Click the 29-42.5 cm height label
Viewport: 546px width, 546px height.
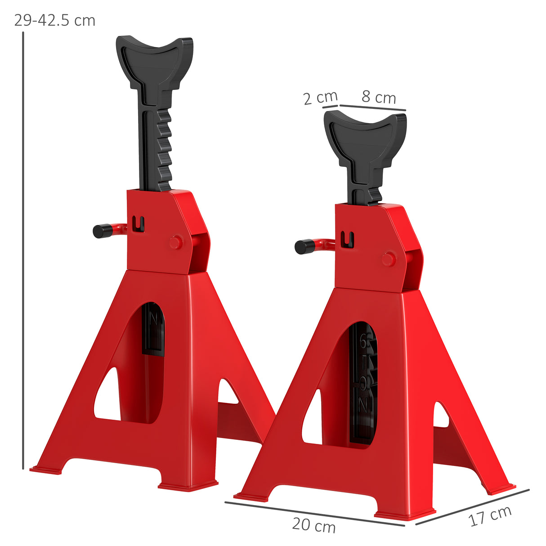(x=54, y=21)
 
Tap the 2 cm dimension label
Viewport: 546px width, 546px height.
(x=320, y=97)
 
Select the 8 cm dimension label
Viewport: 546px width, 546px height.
(x=379, y=97)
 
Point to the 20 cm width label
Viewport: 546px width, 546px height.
(x=313, y=525)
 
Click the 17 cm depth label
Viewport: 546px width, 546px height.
(x=490, y=515)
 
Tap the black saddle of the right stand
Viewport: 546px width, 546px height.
(x=365, y=135)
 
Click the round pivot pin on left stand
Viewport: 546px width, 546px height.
(x=176, y=242)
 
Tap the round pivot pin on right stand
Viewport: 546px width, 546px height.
(x=389, y=259)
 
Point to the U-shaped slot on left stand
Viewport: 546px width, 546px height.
(x=139, y=224)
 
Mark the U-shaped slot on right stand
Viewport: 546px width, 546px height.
(x=347, y=239)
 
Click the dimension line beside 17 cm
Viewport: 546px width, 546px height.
(x=472, y=507)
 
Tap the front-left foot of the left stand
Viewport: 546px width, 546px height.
(x=46, y=470)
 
